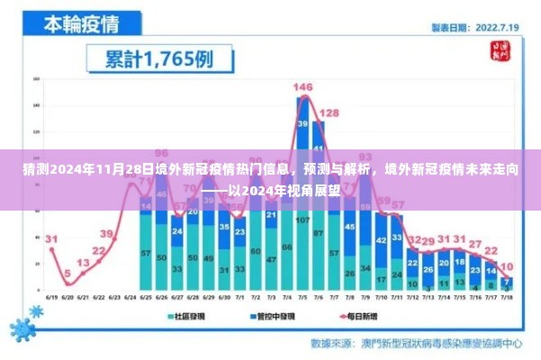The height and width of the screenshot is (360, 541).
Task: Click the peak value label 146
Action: pyautogui.click(x=302, y=86)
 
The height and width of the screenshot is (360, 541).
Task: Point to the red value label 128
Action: pyautogui.click(x=329, y=113)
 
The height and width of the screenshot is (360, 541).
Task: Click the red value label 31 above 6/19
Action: pyautogui.click(x=51, y=239)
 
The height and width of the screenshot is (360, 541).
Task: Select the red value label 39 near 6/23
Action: pyautogui.click(x=109, y=233)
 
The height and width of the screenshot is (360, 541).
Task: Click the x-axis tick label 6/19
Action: pyautogui.click(x=52, y=294)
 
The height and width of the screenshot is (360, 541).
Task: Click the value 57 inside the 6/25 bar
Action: pyautogui.click(x=144, y=255)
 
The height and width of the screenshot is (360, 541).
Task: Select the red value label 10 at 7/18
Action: pyautogui.click(x=509, y=265)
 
